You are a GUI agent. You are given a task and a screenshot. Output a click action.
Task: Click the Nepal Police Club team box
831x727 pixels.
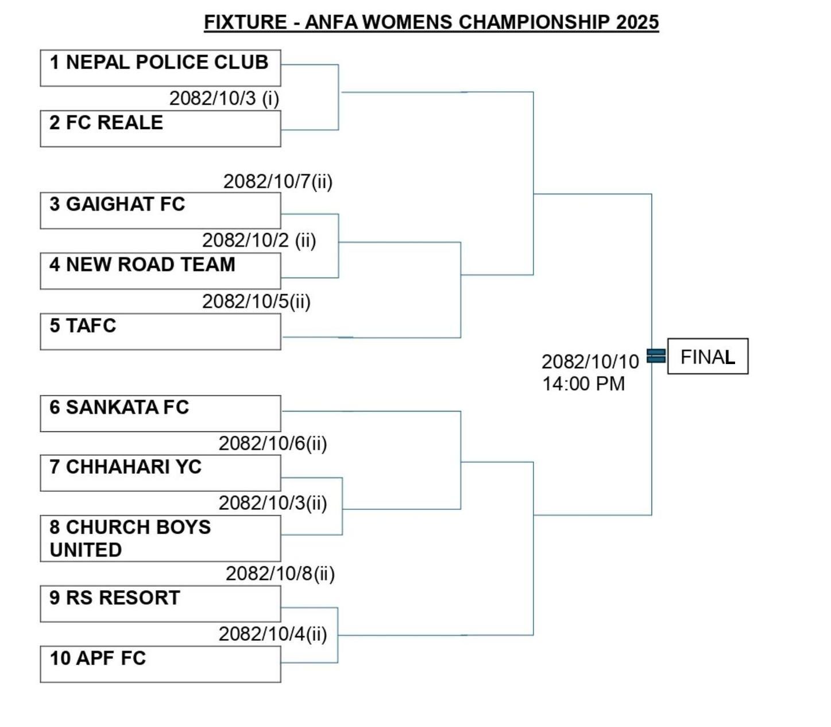pyautogui.click(x=160, y=68)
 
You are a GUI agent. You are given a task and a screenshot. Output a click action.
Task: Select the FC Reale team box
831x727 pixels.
pyautogui.click(x=160, y=129)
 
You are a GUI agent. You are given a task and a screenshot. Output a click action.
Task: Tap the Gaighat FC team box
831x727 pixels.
pyautogui.click(x=160, y=210)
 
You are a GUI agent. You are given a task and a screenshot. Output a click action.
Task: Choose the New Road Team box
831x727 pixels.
pyautogui.click(x=160, y=270)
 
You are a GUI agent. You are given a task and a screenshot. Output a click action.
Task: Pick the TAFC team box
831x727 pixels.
pyautogui.click(x=160, y=331)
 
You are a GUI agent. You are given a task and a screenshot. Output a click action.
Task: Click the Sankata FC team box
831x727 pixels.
pyautogui.click(x=160, y=413)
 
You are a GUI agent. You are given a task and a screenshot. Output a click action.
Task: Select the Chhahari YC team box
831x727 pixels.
pyautogui.click(x=160, y=473)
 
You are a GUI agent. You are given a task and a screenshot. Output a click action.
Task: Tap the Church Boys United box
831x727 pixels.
pyautogui.click(x=160, y=538)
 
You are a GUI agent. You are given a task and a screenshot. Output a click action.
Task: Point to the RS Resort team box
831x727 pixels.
pyautogui.click(x=160, y=604)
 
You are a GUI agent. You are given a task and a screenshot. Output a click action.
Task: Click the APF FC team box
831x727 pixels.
pyautogui.click(x=160, y=664)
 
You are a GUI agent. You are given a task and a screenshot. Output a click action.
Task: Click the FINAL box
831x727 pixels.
pyautogui.click(x=708, y=357)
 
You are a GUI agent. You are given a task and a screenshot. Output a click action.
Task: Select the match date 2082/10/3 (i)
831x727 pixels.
pyautogui.click(x=224, y=98)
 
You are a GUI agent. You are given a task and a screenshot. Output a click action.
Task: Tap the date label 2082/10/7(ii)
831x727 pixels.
pyautogui.click(x=278, y=181)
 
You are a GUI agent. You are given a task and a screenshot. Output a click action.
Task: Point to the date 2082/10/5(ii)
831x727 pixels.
pyautogui.click(x=256, y=301)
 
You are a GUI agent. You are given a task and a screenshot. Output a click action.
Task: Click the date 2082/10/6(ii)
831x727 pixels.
pyautogui.click(x=273, y=443)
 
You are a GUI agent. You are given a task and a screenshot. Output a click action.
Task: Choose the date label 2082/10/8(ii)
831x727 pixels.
pyautogui.click(x=280, y=574)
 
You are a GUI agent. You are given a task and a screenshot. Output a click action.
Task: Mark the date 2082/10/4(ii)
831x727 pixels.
pyautogui.click(x=273, y=634)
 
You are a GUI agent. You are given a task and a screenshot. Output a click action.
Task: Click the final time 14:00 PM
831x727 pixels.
pyautogui.click(x=583, y=384)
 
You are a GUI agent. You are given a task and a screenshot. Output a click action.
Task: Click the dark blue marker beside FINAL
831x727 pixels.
pyautogui.click(x=656, y=356)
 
